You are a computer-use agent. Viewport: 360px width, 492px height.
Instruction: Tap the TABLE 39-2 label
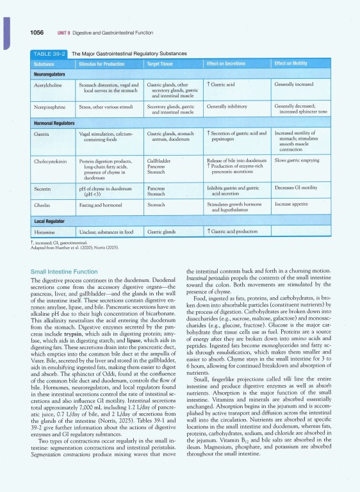pyautogui.click(x=48, y=54)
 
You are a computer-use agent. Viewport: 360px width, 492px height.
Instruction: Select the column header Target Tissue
pyautogui.click(x=163, y=64)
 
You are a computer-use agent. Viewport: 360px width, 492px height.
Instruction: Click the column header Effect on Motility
pyautogui.click(x=295, y=64)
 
